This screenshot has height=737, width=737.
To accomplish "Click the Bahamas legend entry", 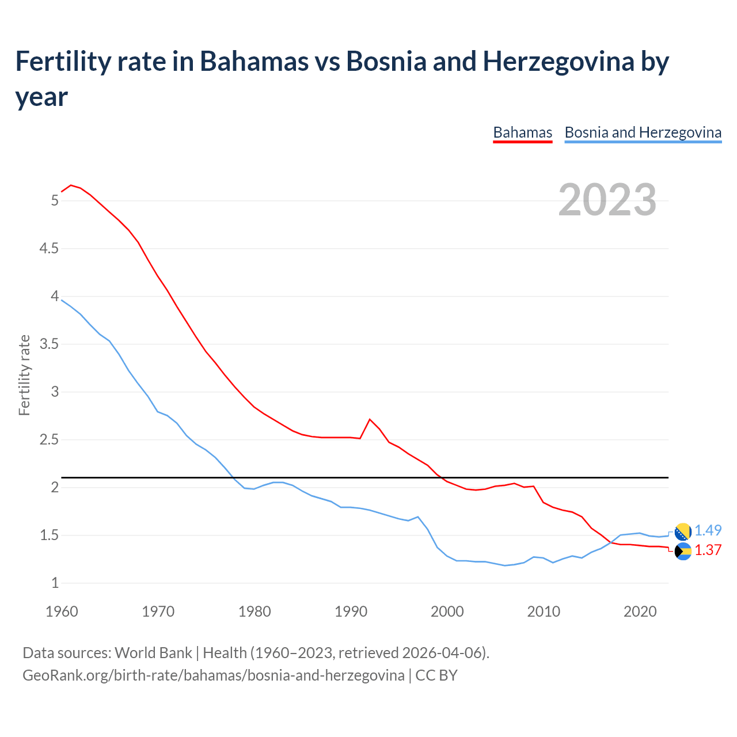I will [x=522, y=132].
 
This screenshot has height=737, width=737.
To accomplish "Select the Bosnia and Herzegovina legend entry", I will [x=643, y=132].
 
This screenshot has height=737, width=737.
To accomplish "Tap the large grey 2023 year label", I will [x=607, y=199].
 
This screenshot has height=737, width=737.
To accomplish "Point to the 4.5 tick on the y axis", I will [x=49, y=248].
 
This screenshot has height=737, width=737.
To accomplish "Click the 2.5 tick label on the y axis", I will [x=49, y=440].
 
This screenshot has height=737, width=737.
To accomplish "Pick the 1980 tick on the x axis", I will [x=254, y=611].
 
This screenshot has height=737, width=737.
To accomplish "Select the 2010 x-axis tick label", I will [x=544, y=611].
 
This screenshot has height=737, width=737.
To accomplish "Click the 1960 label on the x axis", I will [x=62, y=611].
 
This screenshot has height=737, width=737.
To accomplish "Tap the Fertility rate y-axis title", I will [x=24, y=375].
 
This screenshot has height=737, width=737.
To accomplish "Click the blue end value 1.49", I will [x=708, y=530].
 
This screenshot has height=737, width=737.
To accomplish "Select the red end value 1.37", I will [x=708, y=550].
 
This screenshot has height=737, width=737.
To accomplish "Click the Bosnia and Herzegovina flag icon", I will [x=683, y=531].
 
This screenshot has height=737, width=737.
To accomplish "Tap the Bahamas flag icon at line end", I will [x=683, y=552].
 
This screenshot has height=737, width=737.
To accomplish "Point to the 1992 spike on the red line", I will [x=370, y=419].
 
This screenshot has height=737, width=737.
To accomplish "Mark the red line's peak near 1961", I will [x=71, y=185].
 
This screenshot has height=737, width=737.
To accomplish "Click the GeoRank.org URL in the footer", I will [x=213, y=675].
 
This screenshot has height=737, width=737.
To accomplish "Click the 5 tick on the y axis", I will [x=55, y=200].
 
